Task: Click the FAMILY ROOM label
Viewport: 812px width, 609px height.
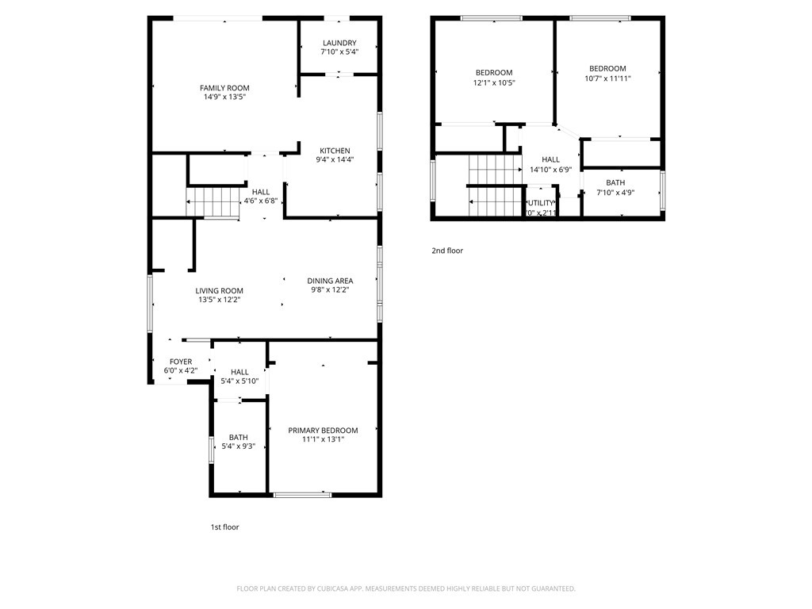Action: (224, 88)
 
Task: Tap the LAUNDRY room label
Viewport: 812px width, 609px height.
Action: (339, 43)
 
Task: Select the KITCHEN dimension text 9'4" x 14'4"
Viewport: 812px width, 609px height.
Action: (335, 159)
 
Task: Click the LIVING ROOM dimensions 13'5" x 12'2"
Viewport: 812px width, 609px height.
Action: (220, 300)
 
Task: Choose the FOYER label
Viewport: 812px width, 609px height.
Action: (180, 361)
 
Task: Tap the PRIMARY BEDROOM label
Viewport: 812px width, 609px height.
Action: (323, 431)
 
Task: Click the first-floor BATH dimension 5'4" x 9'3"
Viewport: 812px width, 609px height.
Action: (238, 446)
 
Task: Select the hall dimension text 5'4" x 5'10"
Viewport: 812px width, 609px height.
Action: (239, 381)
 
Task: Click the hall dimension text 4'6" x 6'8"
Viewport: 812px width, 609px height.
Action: (260, 201)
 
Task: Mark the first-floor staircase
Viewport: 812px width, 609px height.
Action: (213, 202)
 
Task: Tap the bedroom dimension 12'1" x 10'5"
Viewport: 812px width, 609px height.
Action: (494, 82)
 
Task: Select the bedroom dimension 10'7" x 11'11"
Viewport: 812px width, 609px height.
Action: (607, 79)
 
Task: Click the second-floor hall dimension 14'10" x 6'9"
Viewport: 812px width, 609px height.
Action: (550, 169)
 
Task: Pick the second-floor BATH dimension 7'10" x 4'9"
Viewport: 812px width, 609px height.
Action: (615, 192)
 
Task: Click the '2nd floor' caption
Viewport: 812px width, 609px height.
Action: (447, 251)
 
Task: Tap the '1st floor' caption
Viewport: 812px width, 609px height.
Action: (224, 527)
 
